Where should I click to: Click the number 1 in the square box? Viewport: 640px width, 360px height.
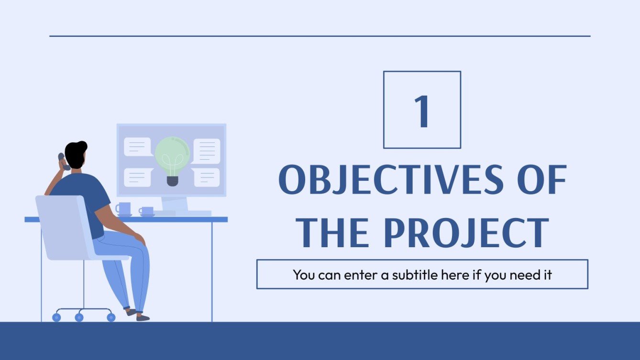tap(422, 111)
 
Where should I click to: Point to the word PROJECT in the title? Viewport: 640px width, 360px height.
tap(466, 233)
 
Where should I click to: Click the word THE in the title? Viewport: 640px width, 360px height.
tap(333, 233)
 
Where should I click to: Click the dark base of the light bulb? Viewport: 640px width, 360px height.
tap(172, 181)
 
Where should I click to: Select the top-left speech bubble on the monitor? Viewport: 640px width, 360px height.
tap(137, 146)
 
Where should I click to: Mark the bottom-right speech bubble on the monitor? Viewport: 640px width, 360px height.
tap(207, 177)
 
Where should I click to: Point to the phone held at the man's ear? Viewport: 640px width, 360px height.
tap(63, 161)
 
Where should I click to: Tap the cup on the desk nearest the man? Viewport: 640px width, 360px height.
tap(124, 209)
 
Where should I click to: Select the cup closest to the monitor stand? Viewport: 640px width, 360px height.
tap(146, 211)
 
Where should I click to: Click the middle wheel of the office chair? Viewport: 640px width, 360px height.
tap(79, 317)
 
